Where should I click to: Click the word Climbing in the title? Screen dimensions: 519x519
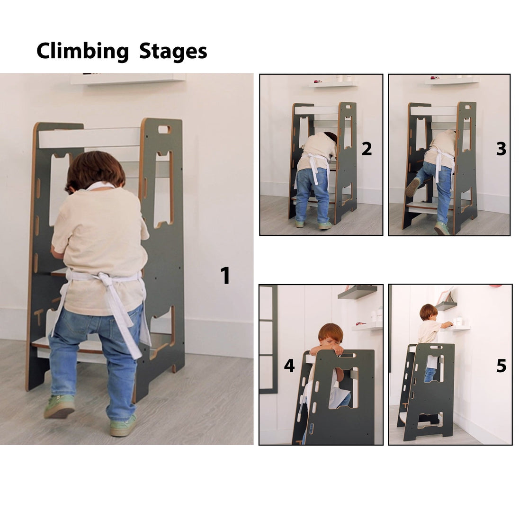click(x=82, y=51)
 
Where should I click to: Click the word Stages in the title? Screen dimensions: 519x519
click(x=173, y=51)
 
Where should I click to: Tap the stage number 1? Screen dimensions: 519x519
click(x=225, y=276)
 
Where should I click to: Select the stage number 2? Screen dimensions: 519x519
click(x=367, y=149)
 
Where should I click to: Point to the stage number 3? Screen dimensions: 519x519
click(x=501, y=149)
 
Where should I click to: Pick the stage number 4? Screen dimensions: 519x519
click(x=289, y=366)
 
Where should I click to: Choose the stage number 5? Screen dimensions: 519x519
click(x=501, y=366)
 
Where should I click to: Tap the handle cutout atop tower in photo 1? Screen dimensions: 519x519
click(x=164, y=129)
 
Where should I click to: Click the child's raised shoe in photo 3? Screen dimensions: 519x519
click(x=412, y=188)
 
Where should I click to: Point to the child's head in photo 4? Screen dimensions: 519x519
click(x=331, y=334)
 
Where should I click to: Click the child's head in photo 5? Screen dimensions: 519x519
click(x=429, y=312)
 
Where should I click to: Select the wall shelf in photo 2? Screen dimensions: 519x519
click(x=333, y=84)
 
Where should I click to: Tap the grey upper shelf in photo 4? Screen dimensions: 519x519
click(x=358, y=292)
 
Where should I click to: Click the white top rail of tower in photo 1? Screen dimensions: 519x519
click(x=89, y=138)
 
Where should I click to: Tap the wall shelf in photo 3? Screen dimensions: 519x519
click(x=451, y=81)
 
